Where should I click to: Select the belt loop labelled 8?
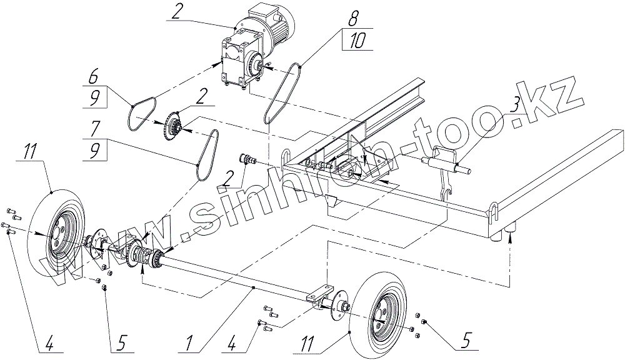pyautogui.click(x=282, y=91)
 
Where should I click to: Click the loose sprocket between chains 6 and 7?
pyautogui.click(x=171, y=129)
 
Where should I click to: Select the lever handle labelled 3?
pyautogui.click(x=445, y=164)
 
